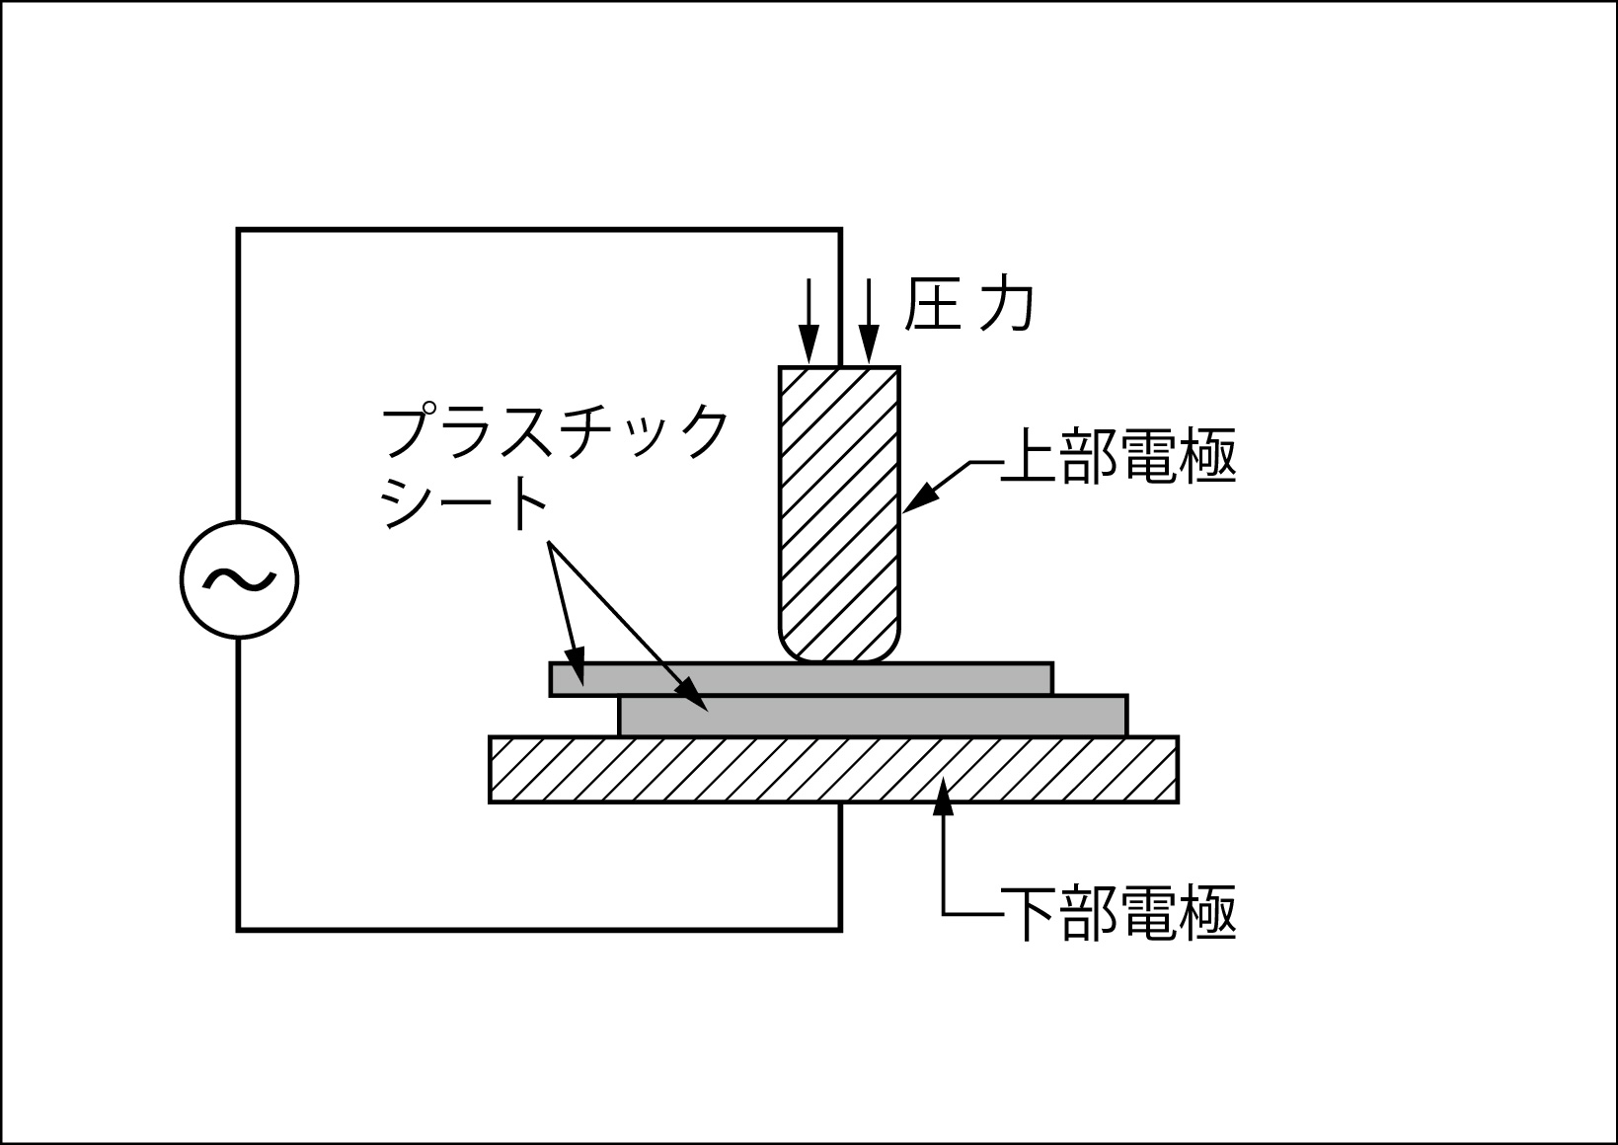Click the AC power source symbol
tap(239, 579)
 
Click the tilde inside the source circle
tap(239, 580)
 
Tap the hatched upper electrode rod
tap(840, 494)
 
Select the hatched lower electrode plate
tap(833, 769)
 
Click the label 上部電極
tap(1117, 458)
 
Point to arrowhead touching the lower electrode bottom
tap(945, 794)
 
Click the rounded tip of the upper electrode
tap(840, 647)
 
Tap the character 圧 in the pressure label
tap(932, 306)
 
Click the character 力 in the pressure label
tap(1006, 306)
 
